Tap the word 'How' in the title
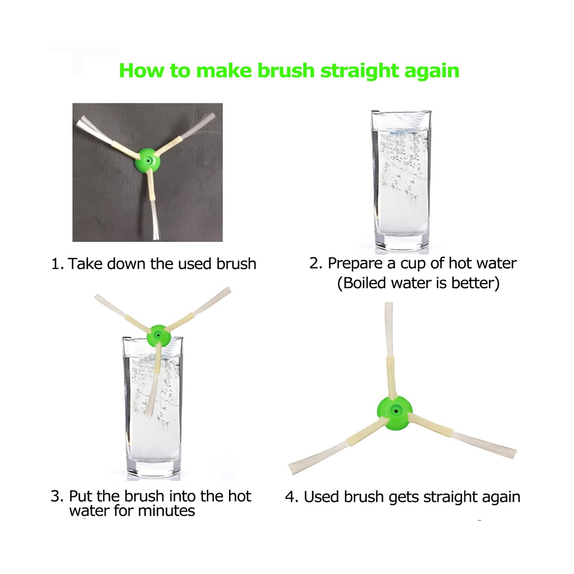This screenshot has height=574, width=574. click(142, 70)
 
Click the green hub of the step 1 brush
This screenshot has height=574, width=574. click(149, 161)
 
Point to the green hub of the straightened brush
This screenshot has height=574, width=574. click(395, 412)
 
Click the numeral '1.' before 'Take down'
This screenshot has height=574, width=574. click(57, 264)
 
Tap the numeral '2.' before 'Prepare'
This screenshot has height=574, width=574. click(316, 263)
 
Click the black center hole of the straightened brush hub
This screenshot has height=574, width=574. click(396, 411)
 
